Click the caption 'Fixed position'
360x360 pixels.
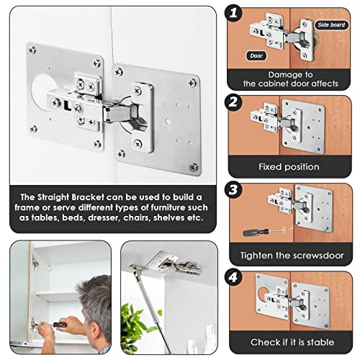[x=289, y=166]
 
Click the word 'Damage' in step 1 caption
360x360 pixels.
[x=276, y=73]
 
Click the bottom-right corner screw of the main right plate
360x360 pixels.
[x=192, y=166]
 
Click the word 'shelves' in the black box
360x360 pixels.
[x=154, y=217]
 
